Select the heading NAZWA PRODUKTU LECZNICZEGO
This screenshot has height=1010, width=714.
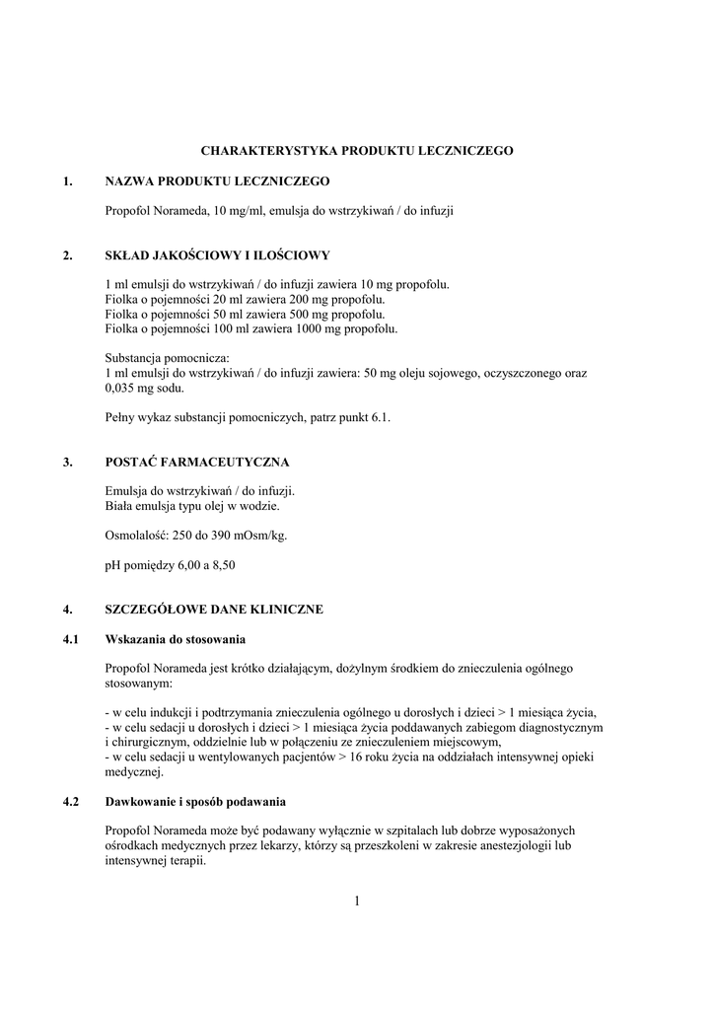(x=217, y=182)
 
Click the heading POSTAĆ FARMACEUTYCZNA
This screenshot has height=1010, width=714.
(x=197, y=462)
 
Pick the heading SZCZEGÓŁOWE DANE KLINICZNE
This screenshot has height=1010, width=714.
(x=214, y=609)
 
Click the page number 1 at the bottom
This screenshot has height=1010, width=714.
(x=357, y=899)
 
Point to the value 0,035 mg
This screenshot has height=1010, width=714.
(x=126, y=388)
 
